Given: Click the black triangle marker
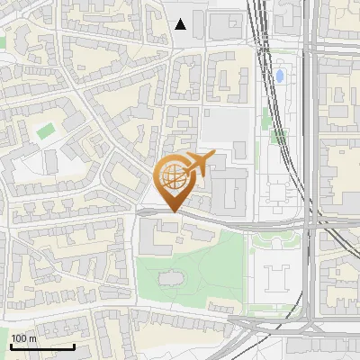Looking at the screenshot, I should (181, 24).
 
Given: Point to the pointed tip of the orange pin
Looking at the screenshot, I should (171, 212).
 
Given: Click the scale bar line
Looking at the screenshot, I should (42, 346).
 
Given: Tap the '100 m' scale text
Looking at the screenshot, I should (24, 338).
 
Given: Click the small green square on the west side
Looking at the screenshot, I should (45, 131).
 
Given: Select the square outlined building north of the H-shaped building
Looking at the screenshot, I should (279, 193).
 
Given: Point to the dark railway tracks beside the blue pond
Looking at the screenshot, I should (265, 81).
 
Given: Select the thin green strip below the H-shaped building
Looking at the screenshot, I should (274, 309).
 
